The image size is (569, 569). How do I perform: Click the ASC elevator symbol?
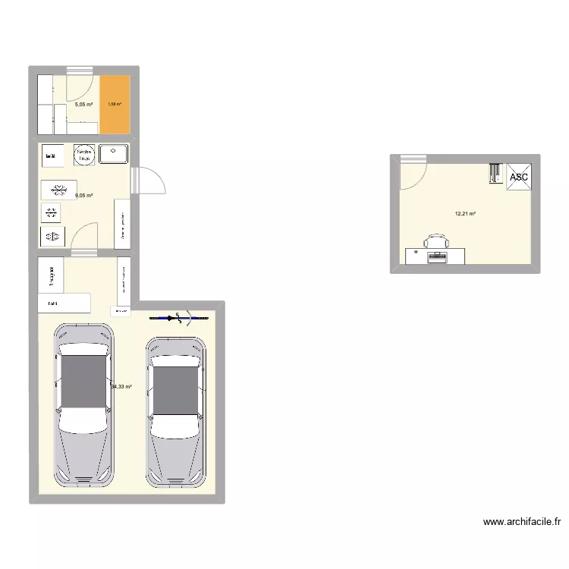click(519, 177)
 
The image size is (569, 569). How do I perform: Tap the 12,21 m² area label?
click(465, 214)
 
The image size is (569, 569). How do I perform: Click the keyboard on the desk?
click(438, 257)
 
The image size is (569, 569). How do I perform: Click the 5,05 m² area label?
click(83, 105)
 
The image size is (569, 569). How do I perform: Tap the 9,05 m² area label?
click(83, 196)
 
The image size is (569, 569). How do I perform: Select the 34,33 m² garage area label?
click(121, 386)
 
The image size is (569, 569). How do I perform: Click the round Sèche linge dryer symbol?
click(83, 155)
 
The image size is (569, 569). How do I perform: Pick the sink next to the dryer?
click(115, 154)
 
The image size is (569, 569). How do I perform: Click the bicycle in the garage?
click(179, 318)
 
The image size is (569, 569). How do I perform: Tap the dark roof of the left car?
click(84, 385)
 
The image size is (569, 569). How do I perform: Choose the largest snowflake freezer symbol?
click(58, 189)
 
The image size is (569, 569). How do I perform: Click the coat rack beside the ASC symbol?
click(495, 174)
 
